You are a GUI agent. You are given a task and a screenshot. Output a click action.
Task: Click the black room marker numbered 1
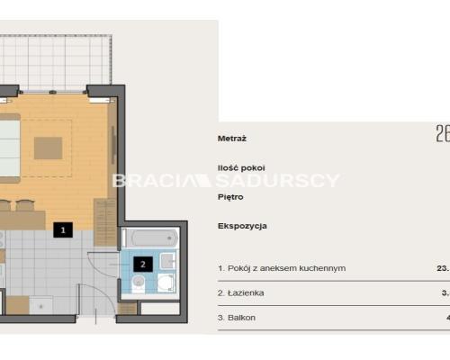point(62,230)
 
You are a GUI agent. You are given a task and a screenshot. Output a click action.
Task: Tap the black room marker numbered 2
point(142,265)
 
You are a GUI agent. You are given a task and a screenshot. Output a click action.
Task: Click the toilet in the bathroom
point(137,283)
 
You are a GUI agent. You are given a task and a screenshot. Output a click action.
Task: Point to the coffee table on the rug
point(49,146)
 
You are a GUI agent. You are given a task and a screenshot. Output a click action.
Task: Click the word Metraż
point(232,139)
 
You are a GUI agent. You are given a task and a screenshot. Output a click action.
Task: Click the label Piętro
point(231,193)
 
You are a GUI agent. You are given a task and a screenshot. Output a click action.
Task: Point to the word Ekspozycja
point(242,226)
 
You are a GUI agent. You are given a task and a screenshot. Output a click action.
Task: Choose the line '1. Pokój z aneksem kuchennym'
point(281,268)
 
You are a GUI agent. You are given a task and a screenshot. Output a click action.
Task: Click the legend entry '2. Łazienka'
point(240,292)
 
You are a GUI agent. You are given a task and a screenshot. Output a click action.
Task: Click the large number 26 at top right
point(442,134)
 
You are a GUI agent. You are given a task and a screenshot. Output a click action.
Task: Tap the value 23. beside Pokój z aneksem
point(442,268)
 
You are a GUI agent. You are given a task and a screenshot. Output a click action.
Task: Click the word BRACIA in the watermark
point(143,181)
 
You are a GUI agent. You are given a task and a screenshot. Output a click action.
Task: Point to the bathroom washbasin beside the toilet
point(166,262)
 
